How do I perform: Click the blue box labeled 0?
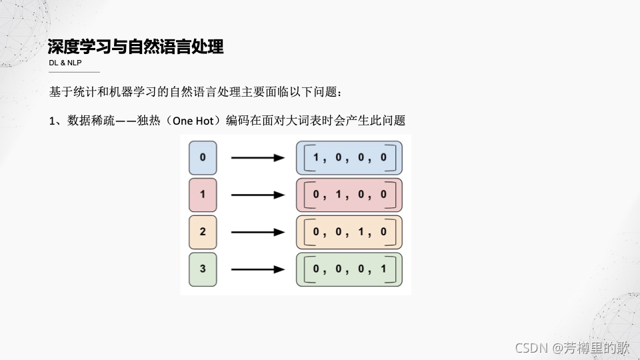203,157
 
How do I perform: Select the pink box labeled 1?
203,195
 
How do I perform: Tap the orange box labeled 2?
203,232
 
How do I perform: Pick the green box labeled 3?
203,269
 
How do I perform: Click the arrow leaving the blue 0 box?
257,158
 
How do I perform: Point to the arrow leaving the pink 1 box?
257,195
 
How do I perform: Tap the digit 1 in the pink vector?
339,195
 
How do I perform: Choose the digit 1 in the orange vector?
361,232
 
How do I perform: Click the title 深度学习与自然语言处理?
135,47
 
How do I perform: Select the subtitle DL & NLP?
65,63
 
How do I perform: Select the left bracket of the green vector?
308,269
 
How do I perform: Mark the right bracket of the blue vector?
393,157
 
